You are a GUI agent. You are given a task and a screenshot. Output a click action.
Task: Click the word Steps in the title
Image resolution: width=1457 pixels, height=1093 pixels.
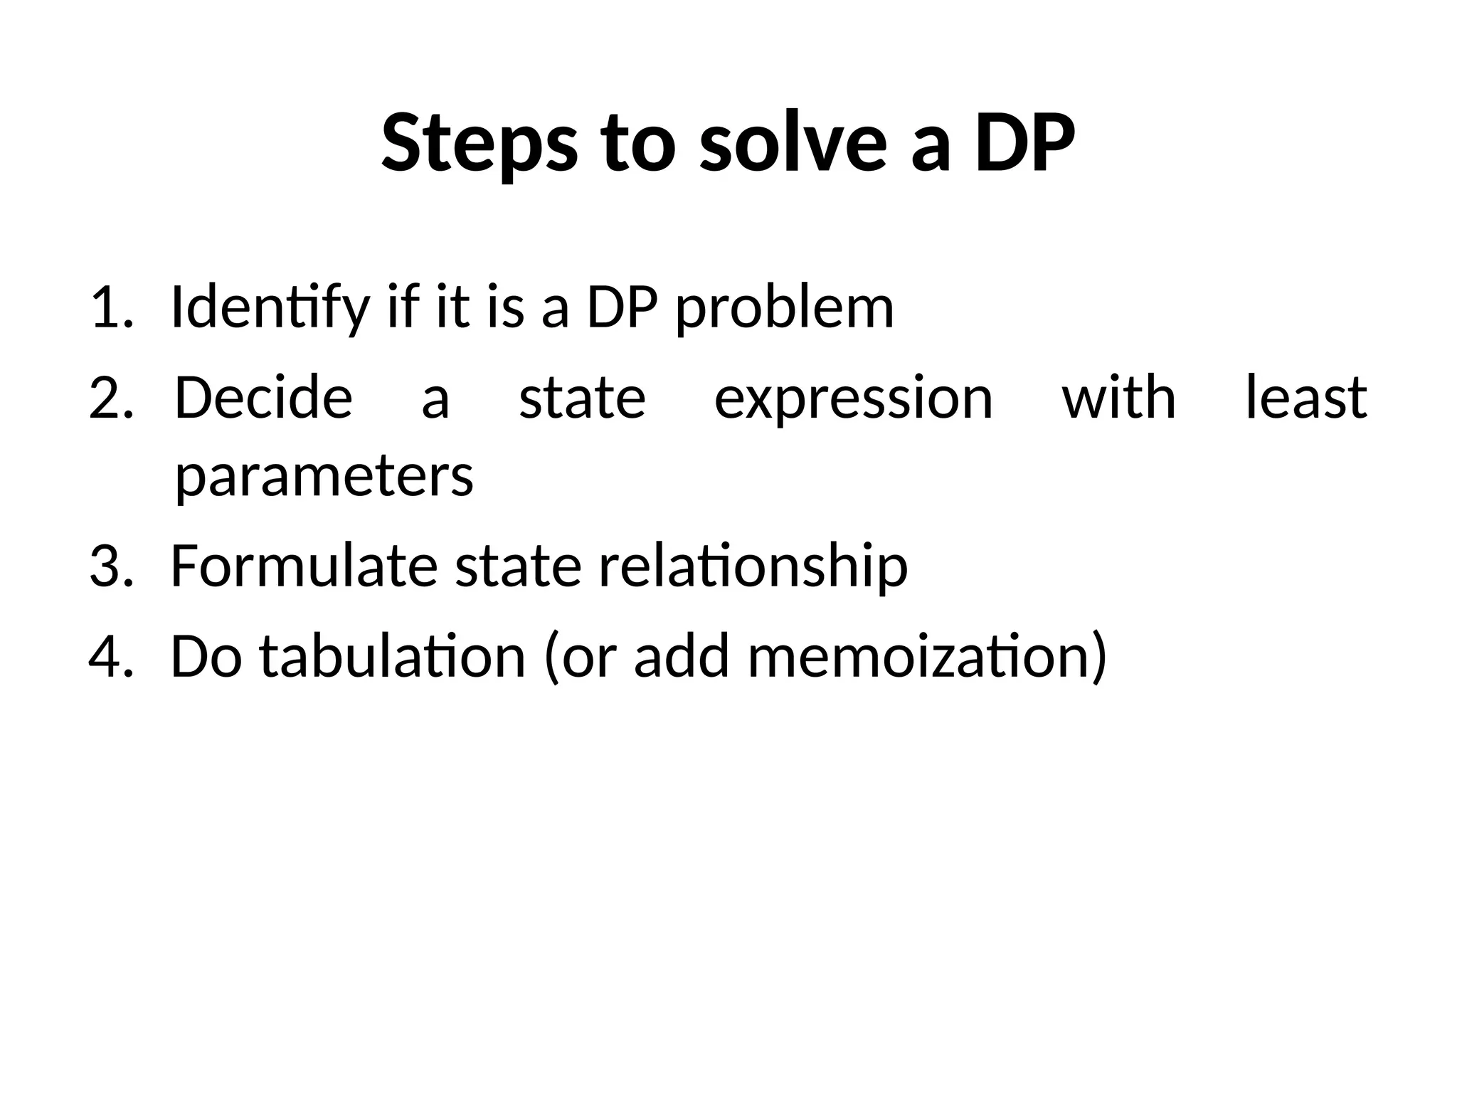(478, 144)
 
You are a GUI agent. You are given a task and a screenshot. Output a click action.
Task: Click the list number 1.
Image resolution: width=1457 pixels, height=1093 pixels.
(110, 307)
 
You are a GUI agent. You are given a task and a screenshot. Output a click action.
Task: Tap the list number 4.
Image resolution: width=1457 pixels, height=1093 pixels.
(110, 655)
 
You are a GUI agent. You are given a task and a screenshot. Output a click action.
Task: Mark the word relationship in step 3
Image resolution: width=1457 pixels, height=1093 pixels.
(753, 567)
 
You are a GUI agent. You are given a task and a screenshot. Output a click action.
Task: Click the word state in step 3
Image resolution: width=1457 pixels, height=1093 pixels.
(518, 567)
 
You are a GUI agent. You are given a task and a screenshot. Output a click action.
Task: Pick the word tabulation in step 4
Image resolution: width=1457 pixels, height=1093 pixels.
(392, 655)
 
